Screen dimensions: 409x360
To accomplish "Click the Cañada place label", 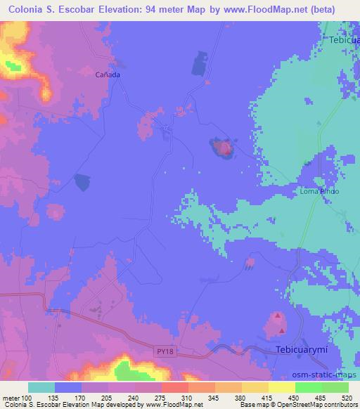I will pyautogui.click(x=108, y=74).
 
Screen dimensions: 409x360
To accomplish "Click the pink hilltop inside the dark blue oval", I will pyautogui.click(x=225, y=148).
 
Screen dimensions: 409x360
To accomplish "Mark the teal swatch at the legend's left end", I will pyautogui.click(x=41, y=387).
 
